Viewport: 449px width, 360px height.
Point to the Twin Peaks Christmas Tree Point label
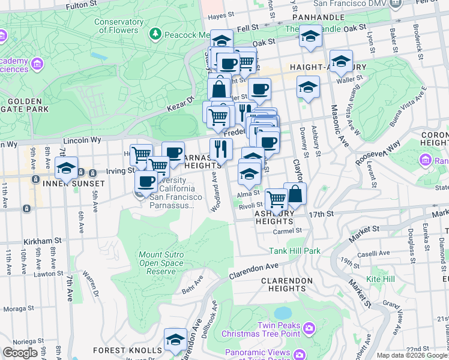pyautogui.click(x=260, y=329)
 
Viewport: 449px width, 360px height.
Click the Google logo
pyautogui.click(x=20, y=353)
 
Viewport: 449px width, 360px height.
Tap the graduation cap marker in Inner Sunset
pyautogui.click(x=66, y=167)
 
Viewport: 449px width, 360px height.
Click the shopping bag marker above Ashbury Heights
pyautogui.click(x=295, y=194)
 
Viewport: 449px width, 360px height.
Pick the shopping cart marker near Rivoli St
pyautogui.click(x=276, y=199)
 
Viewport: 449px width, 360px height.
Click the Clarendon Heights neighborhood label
pyautogui.click(x=283, y=284)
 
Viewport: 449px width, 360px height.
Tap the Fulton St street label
pyautogui.click(x=82, y=5)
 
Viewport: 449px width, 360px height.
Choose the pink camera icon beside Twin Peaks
pyautogui.click(x=309, y=328)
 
